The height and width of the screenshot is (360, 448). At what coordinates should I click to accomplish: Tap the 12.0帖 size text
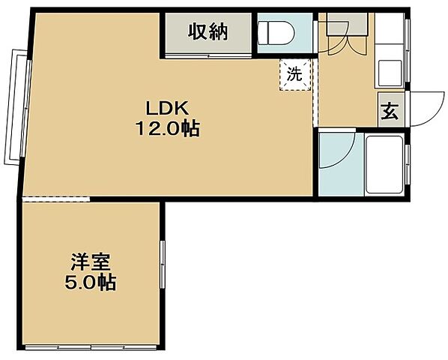(166, 128)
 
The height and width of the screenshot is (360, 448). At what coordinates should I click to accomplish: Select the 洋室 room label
(91, 263)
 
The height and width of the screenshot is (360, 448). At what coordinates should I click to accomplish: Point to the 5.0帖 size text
(91, 283)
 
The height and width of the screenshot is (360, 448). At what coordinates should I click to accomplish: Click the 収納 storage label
(208, 32)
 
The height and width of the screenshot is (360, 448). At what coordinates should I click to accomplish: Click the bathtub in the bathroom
(384, 165)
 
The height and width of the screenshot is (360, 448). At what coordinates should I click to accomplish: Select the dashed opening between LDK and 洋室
(57, 199)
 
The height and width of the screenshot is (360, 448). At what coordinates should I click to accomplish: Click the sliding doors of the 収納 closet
(208, 54)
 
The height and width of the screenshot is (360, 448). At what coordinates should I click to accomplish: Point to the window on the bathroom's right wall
(408, 164)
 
